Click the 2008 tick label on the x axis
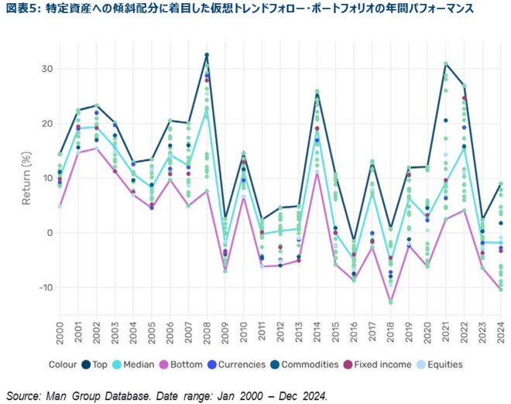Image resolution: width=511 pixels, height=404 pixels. click(207, 334)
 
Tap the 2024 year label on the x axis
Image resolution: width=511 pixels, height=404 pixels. click(501, 334)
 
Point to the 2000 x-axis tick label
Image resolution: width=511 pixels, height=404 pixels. click(60, 334)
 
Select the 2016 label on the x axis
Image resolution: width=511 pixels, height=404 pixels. click(354, 334)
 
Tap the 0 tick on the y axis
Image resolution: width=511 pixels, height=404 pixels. click(49, 232)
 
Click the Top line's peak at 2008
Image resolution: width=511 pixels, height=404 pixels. click(207, 54)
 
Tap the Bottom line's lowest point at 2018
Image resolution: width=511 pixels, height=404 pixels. click(391, 303)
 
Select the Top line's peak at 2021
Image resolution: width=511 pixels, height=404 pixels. click(446, 63)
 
